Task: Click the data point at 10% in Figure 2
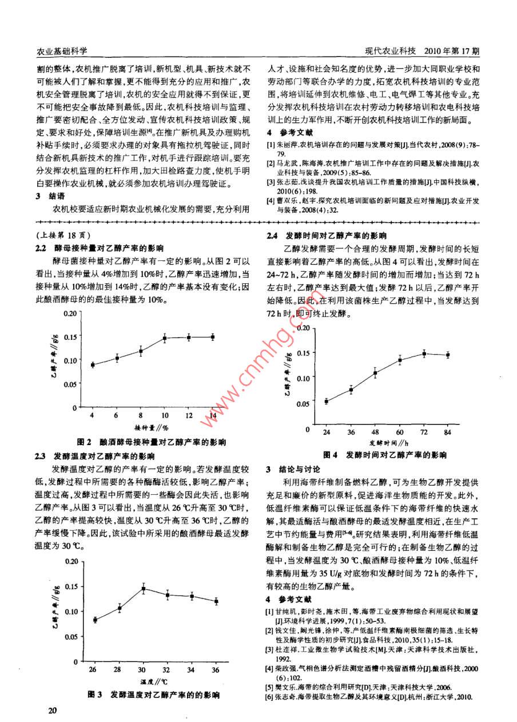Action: (x=164, y=338)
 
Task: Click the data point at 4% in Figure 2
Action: (x=93, y=364)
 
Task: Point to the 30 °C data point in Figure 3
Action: (x=143, y=589)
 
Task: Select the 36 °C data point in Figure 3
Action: (x=216, y=601)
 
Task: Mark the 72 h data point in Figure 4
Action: (x=424, y=354)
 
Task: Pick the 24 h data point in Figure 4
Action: (x=326, y=401)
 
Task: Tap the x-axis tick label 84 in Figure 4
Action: (x=448, y=431)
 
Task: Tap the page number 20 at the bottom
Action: (x=53, y=711)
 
